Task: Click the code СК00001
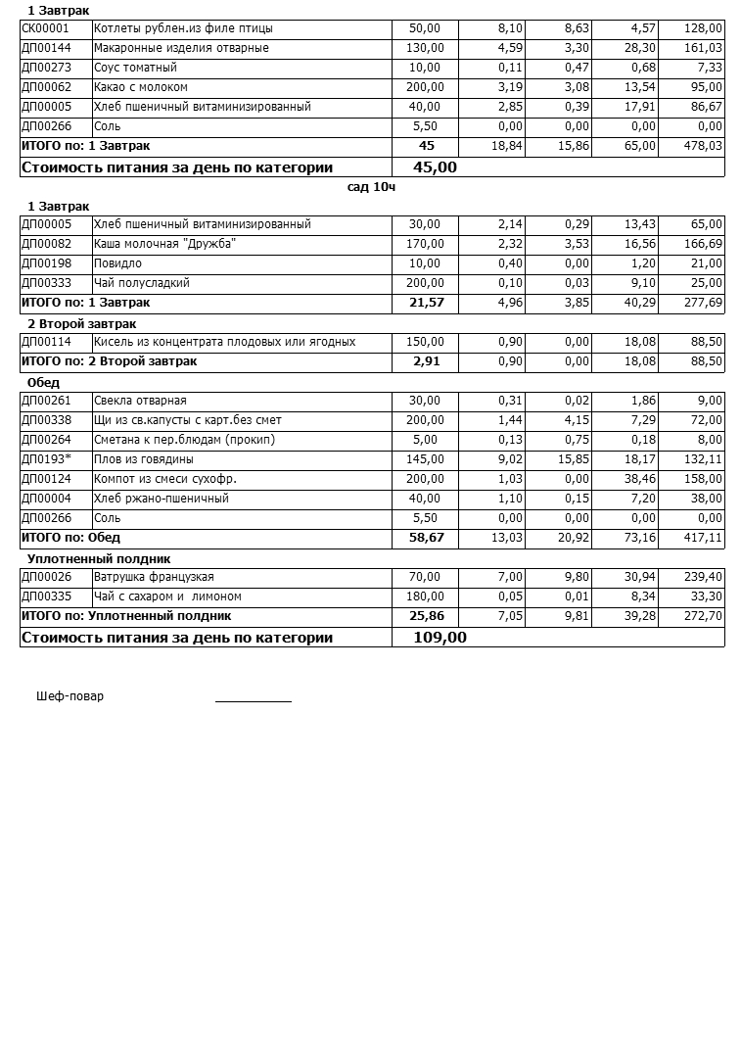coord(45,28)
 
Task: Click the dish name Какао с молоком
coord(140,87)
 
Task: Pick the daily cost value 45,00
coord(435,167)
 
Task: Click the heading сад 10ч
coord(371,186)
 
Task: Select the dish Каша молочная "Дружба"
coord(164,244)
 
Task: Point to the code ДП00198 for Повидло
coord(46,263)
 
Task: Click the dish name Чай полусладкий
coord(141,283)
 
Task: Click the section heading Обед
coord(43,382)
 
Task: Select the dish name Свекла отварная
coord(140,401)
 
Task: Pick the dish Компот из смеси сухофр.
coord(164,479)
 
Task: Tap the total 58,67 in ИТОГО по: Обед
coord(426,538)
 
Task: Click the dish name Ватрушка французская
coord(154,577)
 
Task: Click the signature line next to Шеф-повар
coord(253,699)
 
